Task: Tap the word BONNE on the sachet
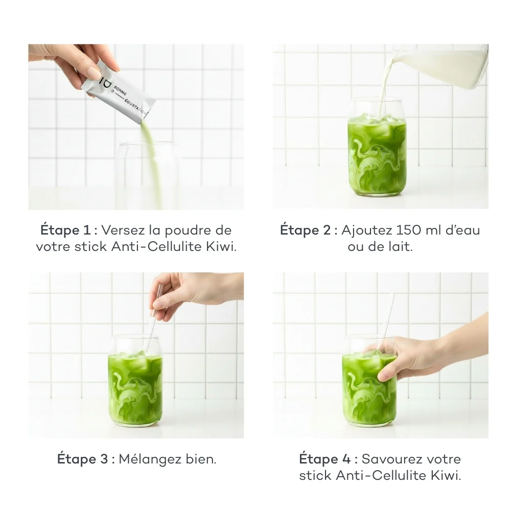coord(120,90)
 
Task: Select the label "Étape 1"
coord(65,230)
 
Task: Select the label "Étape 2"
coord(306,230)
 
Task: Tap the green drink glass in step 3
coord(135,381)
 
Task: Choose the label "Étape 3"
coord(82,459)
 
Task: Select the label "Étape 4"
coord(325,459)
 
